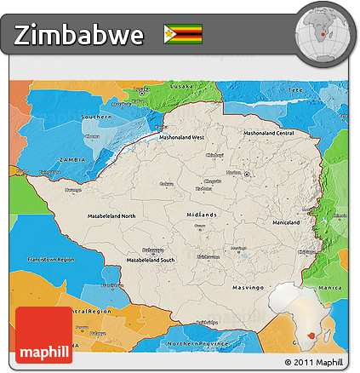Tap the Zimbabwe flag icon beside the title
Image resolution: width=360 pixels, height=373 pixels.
tap(183, 34)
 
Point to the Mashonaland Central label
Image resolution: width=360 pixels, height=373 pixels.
tap(268, 133)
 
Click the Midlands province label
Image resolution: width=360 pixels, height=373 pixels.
tap(201, 215)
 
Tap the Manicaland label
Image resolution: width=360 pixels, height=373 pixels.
tap(286, 222)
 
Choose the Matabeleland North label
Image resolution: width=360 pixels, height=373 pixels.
tap(111, 216)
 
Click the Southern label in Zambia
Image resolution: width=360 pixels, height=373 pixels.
tap(97, 116)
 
